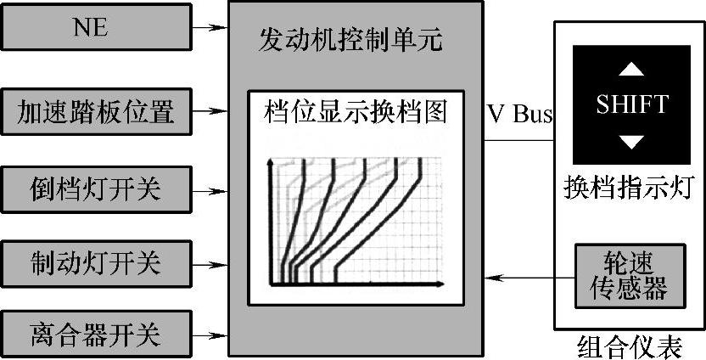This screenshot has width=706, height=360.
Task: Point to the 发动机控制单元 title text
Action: [350, 40]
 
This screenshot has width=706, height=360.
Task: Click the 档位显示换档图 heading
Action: [356, 110]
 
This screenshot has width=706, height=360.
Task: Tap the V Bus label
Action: [520, 114]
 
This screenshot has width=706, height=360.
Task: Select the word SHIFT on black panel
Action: [632, 104]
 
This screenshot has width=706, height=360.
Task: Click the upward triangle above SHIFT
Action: [632, 68]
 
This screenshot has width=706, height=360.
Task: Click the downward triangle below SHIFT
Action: [632, 141]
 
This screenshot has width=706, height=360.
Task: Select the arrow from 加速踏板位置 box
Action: [210, 110]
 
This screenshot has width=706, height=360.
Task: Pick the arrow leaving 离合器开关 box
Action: [210, 334]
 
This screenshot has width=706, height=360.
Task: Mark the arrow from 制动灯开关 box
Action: [210, 261]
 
